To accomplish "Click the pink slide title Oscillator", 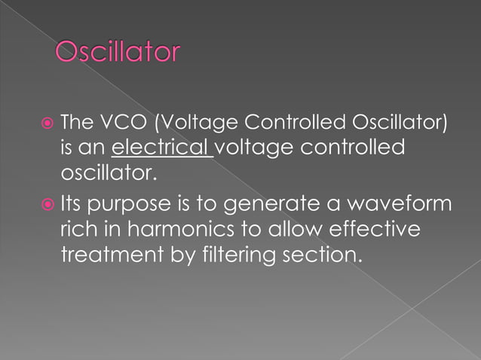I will (118, 53).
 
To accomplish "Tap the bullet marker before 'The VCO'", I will (47, 123).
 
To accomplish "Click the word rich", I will (77, 230).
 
